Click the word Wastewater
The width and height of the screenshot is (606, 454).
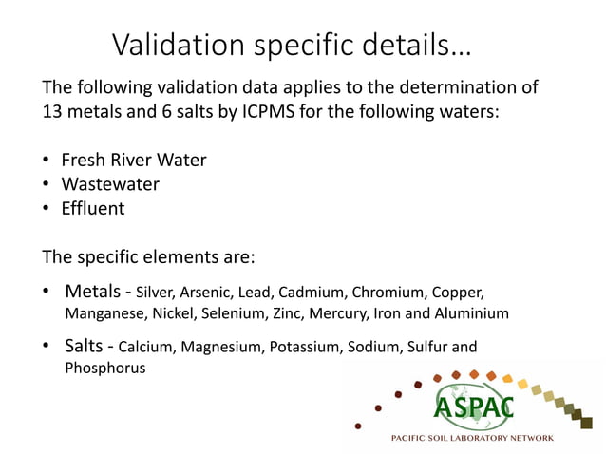point(110,183)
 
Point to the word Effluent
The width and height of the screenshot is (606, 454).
point(93,208)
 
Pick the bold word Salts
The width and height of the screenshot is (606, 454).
point(86,346)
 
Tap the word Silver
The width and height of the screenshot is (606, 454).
point(156,290)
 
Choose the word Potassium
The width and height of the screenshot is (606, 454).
point(303,347)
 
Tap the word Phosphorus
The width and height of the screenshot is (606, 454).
point(104,369)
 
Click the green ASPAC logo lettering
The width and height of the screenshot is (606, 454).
point(473,407)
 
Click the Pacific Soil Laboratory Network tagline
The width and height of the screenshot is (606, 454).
point(473,438)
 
